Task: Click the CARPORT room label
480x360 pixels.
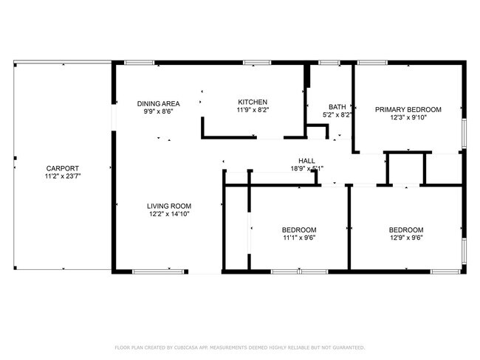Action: point(62,168)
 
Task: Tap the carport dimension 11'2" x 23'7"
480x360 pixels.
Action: point(62,177)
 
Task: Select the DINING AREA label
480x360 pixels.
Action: point(159,103)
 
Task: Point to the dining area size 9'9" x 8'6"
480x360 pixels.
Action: point(159,112)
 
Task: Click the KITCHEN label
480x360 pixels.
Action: point(252,102)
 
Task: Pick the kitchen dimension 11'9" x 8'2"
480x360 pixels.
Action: point(252,111)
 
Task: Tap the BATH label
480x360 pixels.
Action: point(337,106)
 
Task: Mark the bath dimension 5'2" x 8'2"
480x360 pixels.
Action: point(337,115)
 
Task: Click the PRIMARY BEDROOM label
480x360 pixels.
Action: point(408,109)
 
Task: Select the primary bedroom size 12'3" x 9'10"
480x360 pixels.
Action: point(408,118)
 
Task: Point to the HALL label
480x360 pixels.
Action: point(306,160)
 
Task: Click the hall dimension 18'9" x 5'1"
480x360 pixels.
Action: point(306,168)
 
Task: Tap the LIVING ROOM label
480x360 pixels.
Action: point(170,206)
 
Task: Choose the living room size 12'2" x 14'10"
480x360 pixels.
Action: point(170,215)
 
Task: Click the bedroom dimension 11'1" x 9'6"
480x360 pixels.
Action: point(300,238)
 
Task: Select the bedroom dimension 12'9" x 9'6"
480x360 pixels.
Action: point(406,238)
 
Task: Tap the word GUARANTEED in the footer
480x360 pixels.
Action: point(348,347)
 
